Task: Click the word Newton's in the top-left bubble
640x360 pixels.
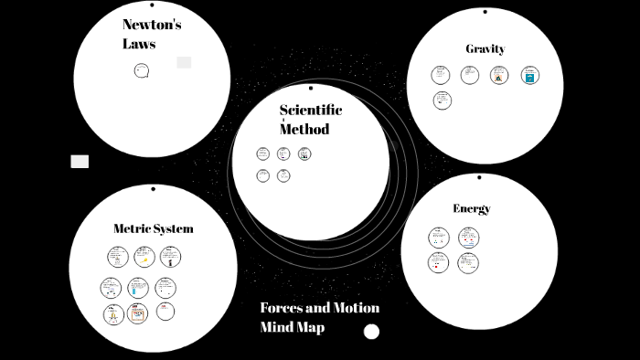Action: (x=152, y=25)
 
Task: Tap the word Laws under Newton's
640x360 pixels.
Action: (x=139, y=43)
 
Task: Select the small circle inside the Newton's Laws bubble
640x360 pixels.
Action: (x=142, y=70)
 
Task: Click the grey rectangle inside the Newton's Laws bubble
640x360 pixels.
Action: (x=184, y=62)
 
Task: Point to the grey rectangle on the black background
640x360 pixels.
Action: (x=80, y=162)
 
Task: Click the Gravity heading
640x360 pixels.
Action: (x=485, y=48)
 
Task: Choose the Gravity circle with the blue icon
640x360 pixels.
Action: (x=530, y=76)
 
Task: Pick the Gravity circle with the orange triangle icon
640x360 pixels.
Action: (x=498, y=76)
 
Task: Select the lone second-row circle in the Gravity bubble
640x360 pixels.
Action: (x=443, y=101)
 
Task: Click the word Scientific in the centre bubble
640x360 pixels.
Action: (x=311, y=110)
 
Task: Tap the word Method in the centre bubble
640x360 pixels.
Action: (x=304, y=129)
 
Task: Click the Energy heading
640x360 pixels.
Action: (x=472, y=208)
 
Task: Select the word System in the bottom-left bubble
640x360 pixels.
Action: (x=174, y=228)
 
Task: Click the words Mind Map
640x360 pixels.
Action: (x=292, y=326)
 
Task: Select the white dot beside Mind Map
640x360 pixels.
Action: (x=371, y=332)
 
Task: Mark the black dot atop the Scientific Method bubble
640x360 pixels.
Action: (x=311, y=89)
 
